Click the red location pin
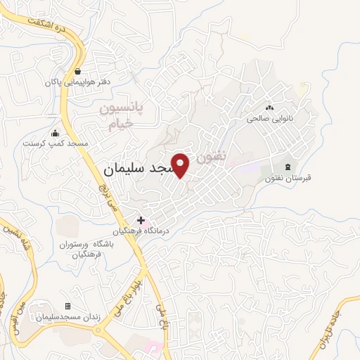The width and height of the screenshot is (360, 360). [x=181, y=165]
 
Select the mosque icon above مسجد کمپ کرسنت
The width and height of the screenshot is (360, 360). [x=56, y=134]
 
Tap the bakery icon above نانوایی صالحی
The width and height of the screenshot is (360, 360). [x=270, y=108]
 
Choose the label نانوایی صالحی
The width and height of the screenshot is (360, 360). [x=270, y=119]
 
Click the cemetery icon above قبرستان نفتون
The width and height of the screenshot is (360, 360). [x=288, y=167]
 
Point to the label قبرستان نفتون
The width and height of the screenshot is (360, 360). [x=288, y=178]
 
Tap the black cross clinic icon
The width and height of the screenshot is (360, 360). [x=141, y=220]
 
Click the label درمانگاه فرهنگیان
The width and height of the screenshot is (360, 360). [x=140, y=231]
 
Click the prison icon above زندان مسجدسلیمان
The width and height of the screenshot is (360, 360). [x=68, y=306]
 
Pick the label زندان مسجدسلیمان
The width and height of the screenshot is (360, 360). [x=68, y=317]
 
